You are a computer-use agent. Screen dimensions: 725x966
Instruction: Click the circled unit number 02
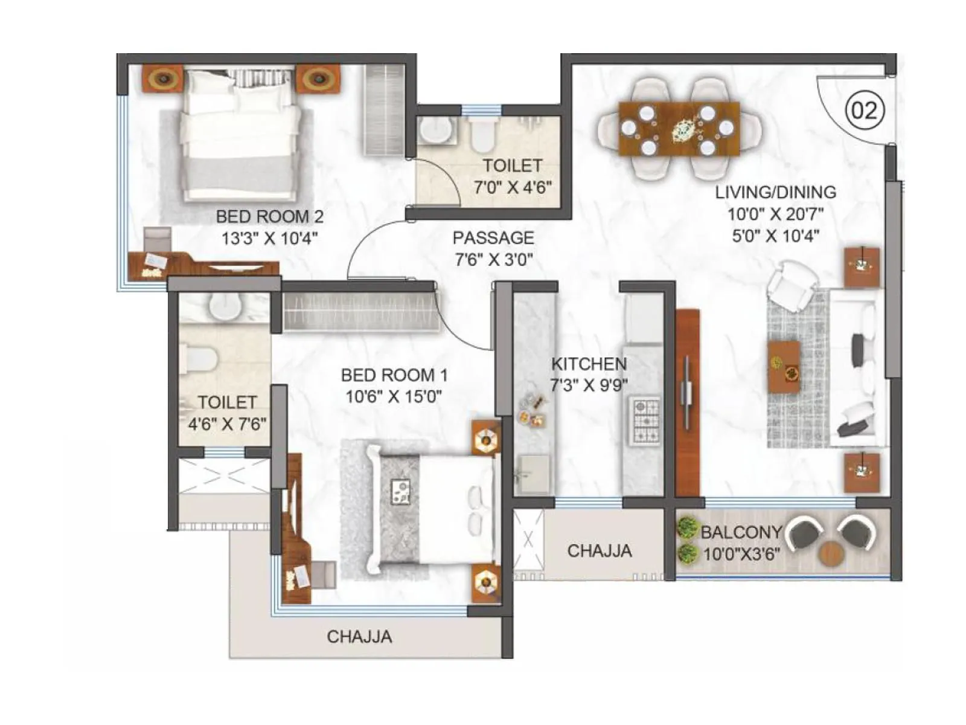(864, 111)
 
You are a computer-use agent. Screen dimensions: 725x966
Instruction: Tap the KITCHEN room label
(589, 364)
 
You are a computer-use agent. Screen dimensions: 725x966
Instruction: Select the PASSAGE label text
(493, 237)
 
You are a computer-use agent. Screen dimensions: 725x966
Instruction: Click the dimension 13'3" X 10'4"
(269, 238)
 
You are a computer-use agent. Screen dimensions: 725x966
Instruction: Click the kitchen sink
(533, 473)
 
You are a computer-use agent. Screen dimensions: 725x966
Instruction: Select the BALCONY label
(741, 532)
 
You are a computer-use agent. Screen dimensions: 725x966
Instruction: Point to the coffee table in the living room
(784, 367)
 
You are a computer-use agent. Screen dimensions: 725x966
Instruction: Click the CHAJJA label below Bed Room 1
(359, 636)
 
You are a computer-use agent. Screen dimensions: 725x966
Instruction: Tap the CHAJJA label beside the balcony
(600, 550)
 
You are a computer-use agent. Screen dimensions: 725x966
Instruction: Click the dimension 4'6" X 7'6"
(227, 424)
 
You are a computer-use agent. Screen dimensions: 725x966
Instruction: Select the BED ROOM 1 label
(394, 375)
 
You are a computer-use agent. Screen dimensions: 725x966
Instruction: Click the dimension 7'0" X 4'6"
(513, 187)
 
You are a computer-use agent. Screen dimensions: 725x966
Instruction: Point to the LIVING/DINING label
(776, 192)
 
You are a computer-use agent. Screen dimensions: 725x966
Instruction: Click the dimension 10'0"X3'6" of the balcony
(742, 553)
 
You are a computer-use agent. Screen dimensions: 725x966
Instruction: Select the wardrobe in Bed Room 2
(384, 111)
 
